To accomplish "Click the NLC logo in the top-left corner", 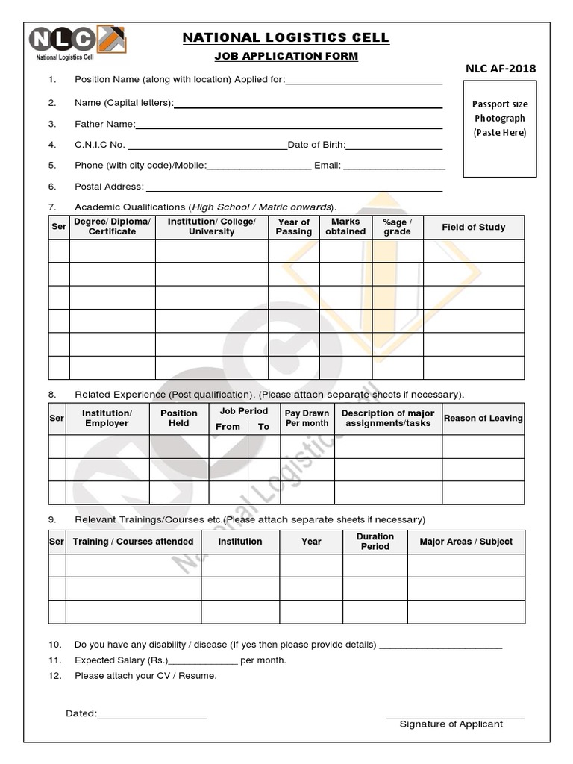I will point(77,41).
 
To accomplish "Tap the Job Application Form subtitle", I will point(286,57).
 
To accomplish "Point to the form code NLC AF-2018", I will point(501,69).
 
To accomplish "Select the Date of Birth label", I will point(316,145).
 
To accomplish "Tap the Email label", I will point(327,166).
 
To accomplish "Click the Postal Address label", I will point(109,187).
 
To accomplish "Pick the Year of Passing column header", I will point(294,227).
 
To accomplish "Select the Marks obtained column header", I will point(345,227).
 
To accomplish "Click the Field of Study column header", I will point(474,227).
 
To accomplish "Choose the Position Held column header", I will point(179,418).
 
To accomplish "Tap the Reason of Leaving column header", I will point(483,419).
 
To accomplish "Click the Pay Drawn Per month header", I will point(307,418).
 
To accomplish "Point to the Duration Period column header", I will point(375,542).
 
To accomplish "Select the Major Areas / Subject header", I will point(466,542).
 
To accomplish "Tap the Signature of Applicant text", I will point(451,724).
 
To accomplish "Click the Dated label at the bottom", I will point(81,714).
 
